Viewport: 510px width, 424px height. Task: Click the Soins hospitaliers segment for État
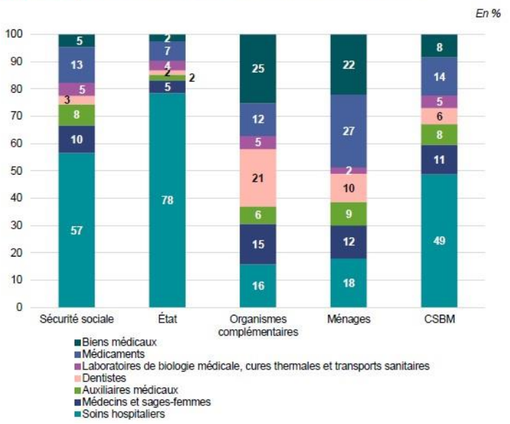[167, 200]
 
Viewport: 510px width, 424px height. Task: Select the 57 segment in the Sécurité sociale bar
[77, 230]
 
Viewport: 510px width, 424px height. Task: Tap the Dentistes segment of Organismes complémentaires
[258, 178]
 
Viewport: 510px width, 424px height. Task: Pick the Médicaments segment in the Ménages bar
[348, 132]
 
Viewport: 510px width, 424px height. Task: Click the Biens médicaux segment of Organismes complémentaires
[258, 68]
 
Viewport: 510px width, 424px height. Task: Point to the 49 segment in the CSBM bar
[439, 241]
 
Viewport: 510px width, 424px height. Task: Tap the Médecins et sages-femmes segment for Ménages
[348, 242]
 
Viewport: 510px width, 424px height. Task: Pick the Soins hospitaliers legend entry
[121, 413]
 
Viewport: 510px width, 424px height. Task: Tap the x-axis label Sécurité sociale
[77, 319]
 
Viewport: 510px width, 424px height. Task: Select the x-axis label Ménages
[348, 319]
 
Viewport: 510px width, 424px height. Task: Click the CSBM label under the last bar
[439, 319]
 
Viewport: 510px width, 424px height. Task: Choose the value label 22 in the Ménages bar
[348, 65]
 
